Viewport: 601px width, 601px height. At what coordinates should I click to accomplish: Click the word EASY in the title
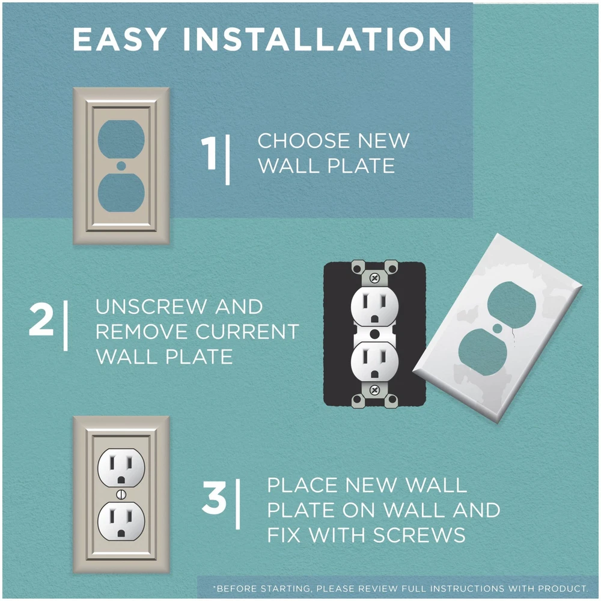point(119,40)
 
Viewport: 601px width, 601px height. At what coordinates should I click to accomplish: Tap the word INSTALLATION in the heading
point(317,40)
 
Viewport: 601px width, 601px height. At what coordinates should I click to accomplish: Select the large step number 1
point(209,153)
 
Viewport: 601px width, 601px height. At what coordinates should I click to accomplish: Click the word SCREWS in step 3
point(419,535)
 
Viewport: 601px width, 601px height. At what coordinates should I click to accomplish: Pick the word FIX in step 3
point(284,535)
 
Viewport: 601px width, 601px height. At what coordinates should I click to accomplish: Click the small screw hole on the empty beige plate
point(121,166)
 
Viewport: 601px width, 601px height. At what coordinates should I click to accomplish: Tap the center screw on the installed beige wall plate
point(121,495)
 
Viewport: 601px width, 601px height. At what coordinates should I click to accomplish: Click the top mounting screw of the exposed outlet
point(375,278)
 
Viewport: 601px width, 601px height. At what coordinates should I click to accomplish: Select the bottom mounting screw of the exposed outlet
point(375,391)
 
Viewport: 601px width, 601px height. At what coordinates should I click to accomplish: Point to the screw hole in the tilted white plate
point(497,328)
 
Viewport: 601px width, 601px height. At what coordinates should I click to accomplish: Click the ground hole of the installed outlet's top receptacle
point(121,480)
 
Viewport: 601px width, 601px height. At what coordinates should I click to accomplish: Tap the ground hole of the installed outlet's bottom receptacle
point(121,532)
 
